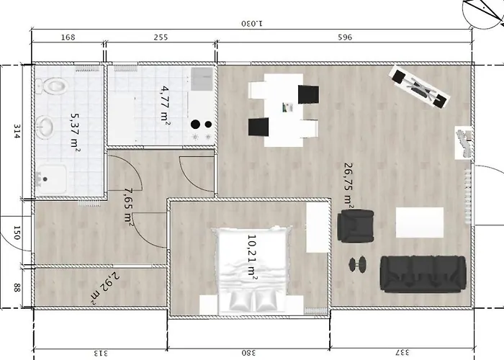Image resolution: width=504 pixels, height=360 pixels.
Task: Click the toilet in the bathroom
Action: tap(52, 86)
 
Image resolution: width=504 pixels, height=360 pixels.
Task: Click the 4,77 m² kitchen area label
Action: tap(166, 104)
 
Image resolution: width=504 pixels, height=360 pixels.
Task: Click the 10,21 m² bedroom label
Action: tap(252, 256)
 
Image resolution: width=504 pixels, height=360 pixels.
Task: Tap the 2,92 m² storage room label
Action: tap(105, 288)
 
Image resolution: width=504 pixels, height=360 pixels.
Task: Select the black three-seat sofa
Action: tap(423, 274)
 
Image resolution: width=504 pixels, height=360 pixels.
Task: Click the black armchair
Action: tap(356, 225)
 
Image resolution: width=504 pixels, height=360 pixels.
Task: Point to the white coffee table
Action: tap(420, 222)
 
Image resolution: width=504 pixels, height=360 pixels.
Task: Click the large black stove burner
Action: tap(195, 125)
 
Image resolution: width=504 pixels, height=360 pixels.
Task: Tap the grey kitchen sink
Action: tap(202, 79)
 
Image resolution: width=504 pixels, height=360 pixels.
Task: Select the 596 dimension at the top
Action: tap(345, 37)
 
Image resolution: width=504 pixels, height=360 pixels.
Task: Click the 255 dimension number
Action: tap(161, 37)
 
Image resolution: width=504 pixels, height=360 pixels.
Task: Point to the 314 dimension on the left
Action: tap(17, 131)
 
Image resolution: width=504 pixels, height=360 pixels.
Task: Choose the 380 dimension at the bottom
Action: tap(248, 353)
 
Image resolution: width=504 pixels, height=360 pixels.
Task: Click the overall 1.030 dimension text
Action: tap(252, 24)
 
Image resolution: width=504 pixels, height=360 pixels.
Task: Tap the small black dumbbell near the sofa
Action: tap(357, 264)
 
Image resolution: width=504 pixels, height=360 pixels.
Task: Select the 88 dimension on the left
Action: tap(17, 288)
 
